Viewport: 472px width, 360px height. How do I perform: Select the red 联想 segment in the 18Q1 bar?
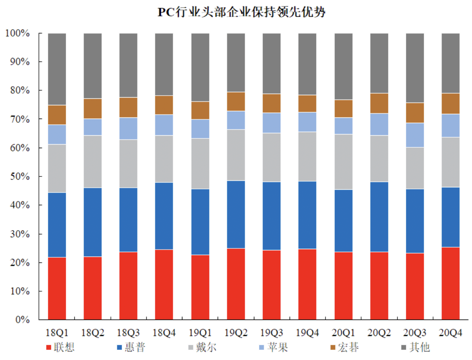coord(57,288)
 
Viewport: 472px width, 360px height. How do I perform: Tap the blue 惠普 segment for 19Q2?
coord(236,214)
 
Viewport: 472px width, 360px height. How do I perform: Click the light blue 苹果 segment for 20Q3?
coord(415,135)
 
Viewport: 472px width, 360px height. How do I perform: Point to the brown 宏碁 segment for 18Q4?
coord(164,105)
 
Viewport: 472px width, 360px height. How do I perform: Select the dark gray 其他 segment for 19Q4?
coord(308,64)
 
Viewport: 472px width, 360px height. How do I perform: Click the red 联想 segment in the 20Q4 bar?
coord(451,283)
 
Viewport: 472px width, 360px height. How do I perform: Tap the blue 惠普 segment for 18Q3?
coord(128,220)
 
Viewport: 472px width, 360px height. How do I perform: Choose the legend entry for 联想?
coord(60,347)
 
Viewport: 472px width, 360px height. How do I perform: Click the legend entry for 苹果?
coord(273,347)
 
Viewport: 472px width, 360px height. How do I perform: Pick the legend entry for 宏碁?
coord(344,347)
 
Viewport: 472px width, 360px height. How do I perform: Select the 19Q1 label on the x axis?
coord(200,333)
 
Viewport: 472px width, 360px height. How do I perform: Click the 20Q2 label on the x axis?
coord(379,333)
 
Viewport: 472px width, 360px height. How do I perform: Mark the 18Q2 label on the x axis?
coord(93,333)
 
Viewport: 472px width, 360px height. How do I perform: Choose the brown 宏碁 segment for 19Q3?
coord(272,103)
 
